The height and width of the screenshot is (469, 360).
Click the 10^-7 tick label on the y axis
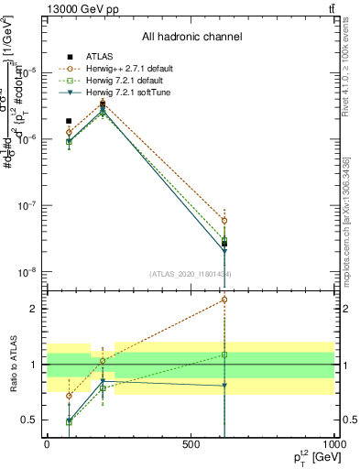(27, 206)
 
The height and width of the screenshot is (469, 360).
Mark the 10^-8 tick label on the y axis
(27, 273)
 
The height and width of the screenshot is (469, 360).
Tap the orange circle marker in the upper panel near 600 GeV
(224, 221)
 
